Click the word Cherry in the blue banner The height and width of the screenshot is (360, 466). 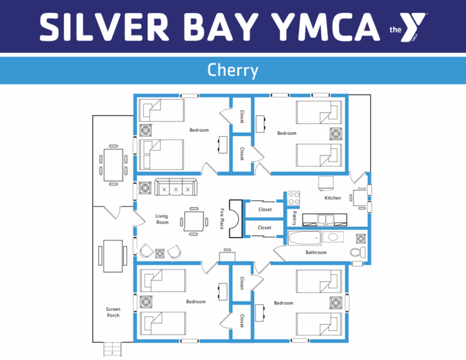click(x=233, y=70)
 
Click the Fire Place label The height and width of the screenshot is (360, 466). click(x=221, y=219)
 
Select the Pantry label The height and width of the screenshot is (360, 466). click(x=294, y=218)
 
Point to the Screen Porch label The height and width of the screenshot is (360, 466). click(x=113, y=312)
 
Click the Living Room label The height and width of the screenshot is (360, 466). click(x=162, y=219)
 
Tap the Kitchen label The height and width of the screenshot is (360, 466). click(x=333, y=198)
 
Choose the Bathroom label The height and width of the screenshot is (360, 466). click(x=316, y=253)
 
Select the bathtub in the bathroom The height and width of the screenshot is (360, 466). click(x=305, y=238)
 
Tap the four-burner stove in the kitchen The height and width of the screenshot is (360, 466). click(x=294, y=199)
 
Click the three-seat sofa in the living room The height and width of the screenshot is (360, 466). click(x=175, y=187)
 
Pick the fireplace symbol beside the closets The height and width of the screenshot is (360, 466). click(x=236, y=219)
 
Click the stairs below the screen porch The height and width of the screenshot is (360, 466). click(x=112, y=349)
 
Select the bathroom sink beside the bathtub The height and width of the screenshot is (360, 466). click(x=333, y=237)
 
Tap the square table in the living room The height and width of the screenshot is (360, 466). click(x=194, y=222)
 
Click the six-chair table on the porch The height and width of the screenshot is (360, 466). click(x=113, y=165)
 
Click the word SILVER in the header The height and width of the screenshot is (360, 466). click(x=104, y=27)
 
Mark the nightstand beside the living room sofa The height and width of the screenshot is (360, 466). click(x=145, y=188)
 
